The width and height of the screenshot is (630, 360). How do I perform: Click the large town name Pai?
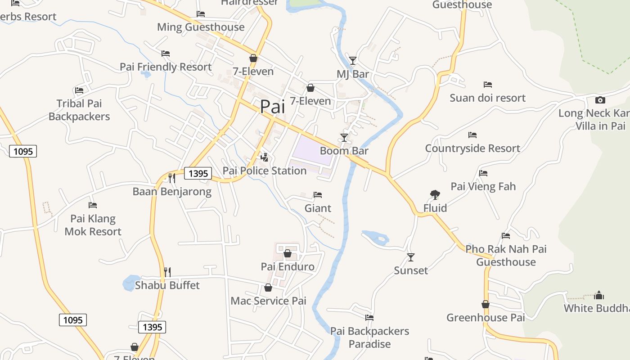coord(273,107)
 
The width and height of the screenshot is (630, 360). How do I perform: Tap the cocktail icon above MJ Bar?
coord(353,60)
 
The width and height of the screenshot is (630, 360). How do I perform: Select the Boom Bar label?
coord(344,151)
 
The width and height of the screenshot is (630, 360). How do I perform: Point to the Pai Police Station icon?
coord(265,157)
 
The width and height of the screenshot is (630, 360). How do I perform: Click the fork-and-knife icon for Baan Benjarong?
coord(171,178)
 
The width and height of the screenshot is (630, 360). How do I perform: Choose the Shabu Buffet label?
coord(167,285)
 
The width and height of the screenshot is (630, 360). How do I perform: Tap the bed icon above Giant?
coord(318,195)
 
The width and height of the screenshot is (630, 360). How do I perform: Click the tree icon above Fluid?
coord(435,194)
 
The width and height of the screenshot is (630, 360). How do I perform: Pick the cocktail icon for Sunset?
coord(410,257)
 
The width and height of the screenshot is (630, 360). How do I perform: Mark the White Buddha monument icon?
coord(598,295)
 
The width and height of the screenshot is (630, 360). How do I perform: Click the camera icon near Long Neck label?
coord(600,100)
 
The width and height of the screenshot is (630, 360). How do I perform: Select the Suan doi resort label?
coord(488,98)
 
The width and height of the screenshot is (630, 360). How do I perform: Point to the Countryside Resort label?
coord(472,148)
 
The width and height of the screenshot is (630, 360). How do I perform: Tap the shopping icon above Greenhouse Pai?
coord(486,305)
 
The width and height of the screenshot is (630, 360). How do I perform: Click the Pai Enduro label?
coord(288,267)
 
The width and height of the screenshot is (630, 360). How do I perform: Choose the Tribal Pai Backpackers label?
coord(79,110)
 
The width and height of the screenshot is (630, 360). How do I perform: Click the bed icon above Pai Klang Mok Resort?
coord(93,205)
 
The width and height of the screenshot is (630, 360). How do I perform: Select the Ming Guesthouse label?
coord(201,27)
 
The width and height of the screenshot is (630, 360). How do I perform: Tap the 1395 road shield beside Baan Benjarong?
coord(198,173)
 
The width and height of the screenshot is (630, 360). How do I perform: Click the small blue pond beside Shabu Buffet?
coord(131,283)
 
